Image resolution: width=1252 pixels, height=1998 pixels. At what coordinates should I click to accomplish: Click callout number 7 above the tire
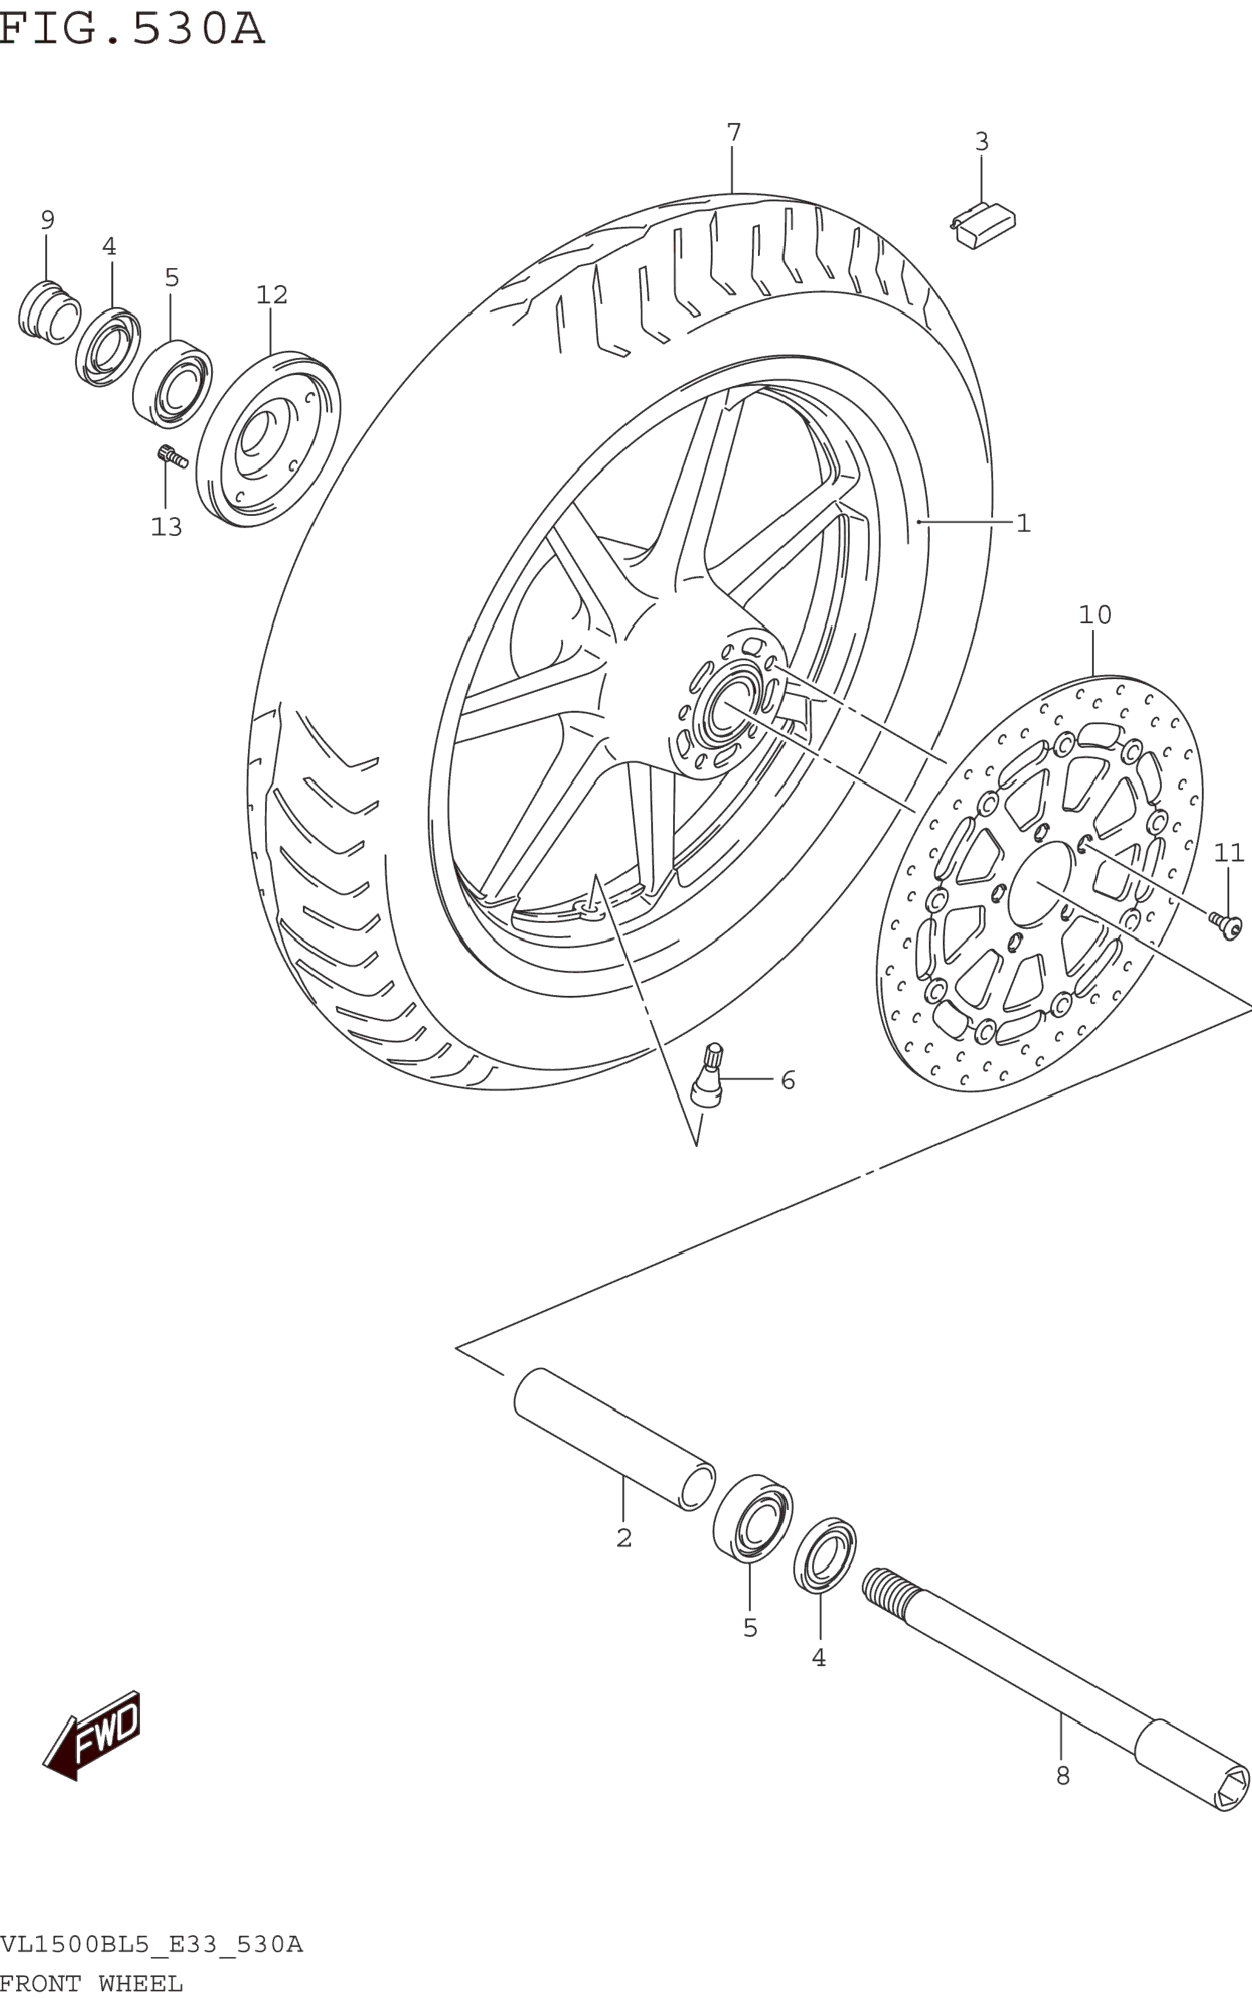[x=733, y=132]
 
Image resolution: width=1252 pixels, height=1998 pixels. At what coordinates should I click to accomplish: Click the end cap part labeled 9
[x=49, y=312]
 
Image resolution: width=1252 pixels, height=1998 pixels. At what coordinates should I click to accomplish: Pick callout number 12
[x=271, y=295]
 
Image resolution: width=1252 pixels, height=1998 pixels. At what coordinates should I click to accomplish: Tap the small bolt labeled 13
[x=171, y=455]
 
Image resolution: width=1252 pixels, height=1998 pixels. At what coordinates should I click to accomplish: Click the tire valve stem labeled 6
[x=709, y=1076]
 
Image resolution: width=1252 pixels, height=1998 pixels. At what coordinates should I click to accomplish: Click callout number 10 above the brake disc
[x=1095, y=615]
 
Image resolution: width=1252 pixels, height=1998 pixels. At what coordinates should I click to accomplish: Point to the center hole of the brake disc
[x=1039, y=884]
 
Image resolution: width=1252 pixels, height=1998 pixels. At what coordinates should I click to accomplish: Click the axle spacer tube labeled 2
[x=614, y=1438]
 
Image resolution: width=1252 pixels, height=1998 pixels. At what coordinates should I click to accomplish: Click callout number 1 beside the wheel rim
[x=1024, y=523]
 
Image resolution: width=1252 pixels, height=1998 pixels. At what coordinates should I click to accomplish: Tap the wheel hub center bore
[x=727, y=706]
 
